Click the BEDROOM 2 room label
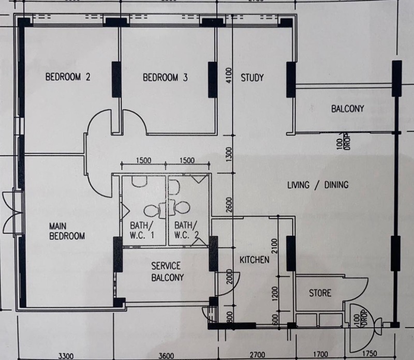68,78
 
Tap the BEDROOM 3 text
165,78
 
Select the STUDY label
252,78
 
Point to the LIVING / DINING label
317,185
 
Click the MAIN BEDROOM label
67,231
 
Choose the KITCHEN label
254,260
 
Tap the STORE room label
320,293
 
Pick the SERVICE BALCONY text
166,272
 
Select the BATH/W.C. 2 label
186,230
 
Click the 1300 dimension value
229,154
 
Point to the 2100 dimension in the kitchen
275,247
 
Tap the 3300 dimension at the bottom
66,355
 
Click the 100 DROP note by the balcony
339,142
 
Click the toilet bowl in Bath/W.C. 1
152,211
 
